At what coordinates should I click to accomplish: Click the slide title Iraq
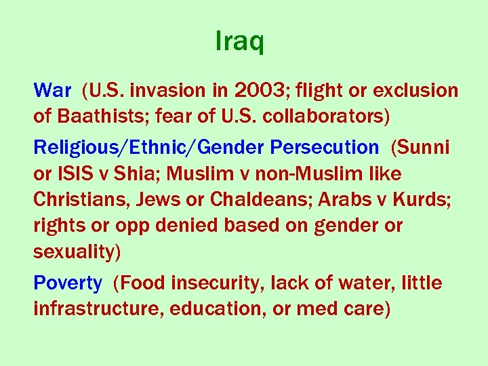239,42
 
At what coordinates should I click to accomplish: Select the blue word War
52,90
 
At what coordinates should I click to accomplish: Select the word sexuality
77,252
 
